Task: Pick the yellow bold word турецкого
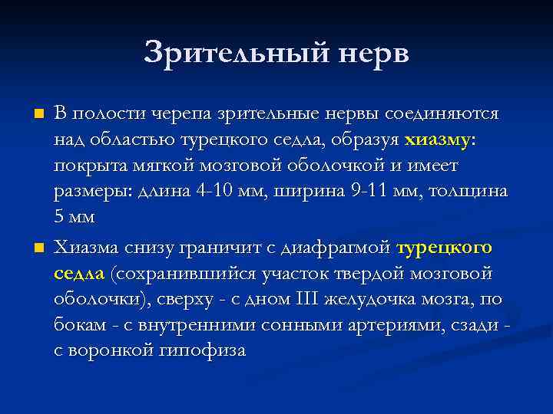pyautogui.click(x=445, y=248)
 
